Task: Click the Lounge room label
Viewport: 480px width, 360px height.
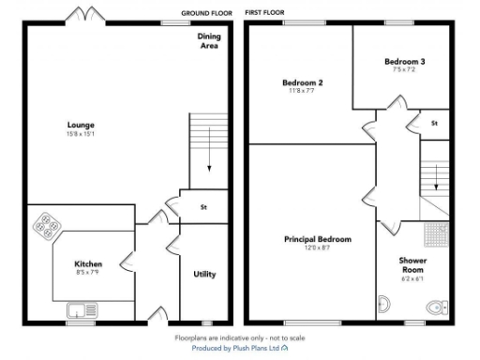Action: point(81,125)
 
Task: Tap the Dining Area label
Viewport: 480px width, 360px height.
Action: point(209,40)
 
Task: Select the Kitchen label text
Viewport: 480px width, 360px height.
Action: point(88,263)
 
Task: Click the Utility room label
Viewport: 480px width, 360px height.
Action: point(204,274)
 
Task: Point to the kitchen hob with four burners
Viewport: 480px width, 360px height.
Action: point(45,225)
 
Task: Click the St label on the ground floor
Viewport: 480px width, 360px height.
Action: point(203,208)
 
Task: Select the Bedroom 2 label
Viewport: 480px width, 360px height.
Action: point(303,82)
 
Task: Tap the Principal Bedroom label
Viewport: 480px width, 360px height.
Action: point(317,239)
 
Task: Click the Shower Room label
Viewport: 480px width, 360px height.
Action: point(413,264)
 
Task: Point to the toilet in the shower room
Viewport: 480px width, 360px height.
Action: point(434,306)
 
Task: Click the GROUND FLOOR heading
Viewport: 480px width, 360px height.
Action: point(206,14)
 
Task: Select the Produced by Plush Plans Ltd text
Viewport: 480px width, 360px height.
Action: point(240,347)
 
